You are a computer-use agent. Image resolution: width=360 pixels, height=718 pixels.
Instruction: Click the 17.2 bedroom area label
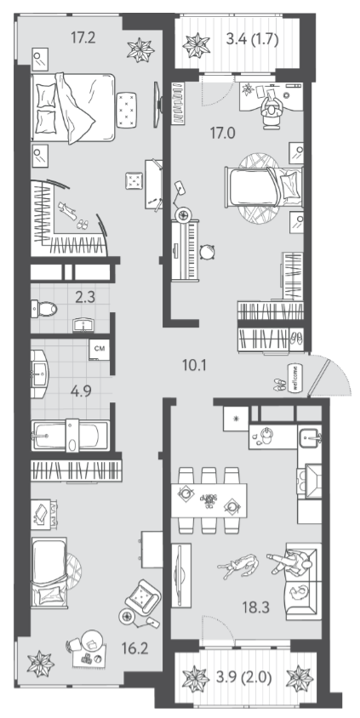click(83, 37)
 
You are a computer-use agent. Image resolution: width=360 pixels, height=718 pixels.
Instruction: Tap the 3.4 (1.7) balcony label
click(253, 39)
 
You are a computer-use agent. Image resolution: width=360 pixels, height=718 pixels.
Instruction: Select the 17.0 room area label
click(223, 134)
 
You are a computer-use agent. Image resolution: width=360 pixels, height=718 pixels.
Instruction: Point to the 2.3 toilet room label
click(84, 298)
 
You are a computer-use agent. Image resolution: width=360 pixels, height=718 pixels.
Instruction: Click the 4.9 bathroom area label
click(81, 391)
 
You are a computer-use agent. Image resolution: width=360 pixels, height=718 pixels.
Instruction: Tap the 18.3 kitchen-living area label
click(256, 607)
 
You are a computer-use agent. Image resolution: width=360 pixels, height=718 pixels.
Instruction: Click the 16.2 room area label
click(135, 648)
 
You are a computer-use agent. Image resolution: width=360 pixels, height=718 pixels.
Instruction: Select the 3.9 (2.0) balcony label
click(243, 678)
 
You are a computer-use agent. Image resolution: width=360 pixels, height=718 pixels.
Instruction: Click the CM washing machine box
click(100, 349)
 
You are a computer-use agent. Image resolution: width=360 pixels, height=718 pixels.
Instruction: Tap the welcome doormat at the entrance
click(294, 379)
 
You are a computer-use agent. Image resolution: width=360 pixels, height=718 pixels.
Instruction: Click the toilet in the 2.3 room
click(44, 309)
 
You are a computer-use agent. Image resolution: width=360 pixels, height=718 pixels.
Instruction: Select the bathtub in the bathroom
click(70, 436)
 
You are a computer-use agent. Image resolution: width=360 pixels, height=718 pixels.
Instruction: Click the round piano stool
click(208, 252)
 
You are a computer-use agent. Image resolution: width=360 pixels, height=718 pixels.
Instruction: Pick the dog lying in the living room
click(237, 564)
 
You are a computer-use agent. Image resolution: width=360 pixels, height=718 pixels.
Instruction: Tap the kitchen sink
click(310, 438)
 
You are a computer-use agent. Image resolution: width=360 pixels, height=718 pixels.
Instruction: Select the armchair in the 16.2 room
click(142, 597)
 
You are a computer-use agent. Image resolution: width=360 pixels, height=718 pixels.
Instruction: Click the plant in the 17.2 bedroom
click(140, 49)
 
